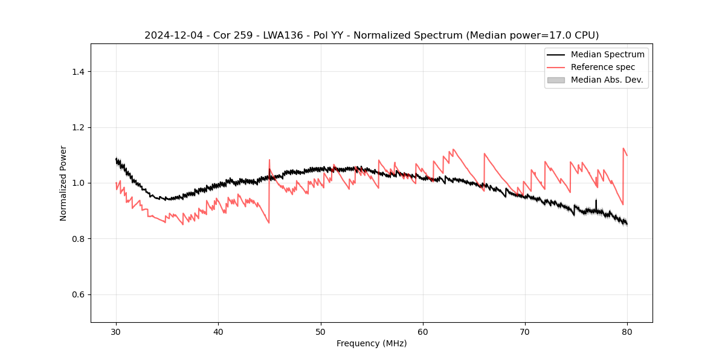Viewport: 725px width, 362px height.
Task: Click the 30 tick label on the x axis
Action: coord(116,331)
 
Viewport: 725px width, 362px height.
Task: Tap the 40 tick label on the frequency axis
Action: coord(218,331)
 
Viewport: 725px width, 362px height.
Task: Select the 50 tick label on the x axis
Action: coord(321,331)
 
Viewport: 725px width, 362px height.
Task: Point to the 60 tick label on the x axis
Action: coord(423,331)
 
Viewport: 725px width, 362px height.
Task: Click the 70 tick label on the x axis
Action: coord(525,331)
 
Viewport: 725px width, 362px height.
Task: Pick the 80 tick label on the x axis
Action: coord(627,331)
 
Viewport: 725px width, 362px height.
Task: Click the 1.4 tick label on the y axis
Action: coord(77,72)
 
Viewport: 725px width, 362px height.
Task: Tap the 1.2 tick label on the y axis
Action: coord(77,127)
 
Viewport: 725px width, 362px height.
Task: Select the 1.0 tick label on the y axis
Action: coord(77,183)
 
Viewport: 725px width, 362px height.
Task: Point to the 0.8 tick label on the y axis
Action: coord(77,239)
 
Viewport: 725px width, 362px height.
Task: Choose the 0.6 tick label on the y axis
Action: coord(77,294)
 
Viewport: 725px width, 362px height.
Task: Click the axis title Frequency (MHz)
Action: coord(372,343)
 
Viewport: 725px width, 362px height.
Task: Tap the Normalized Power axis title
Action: coord(63,183)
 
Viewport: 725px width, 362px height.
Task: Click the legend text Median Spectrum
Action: coord(607,54)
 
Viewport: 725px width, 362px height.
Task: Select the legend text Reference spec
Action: coord(603,67)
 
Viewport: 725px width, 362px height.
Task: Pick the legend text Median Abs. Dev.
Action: coord(607,80)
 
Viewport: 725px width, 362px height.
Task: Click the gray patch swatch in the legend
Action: coord(556,80)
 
